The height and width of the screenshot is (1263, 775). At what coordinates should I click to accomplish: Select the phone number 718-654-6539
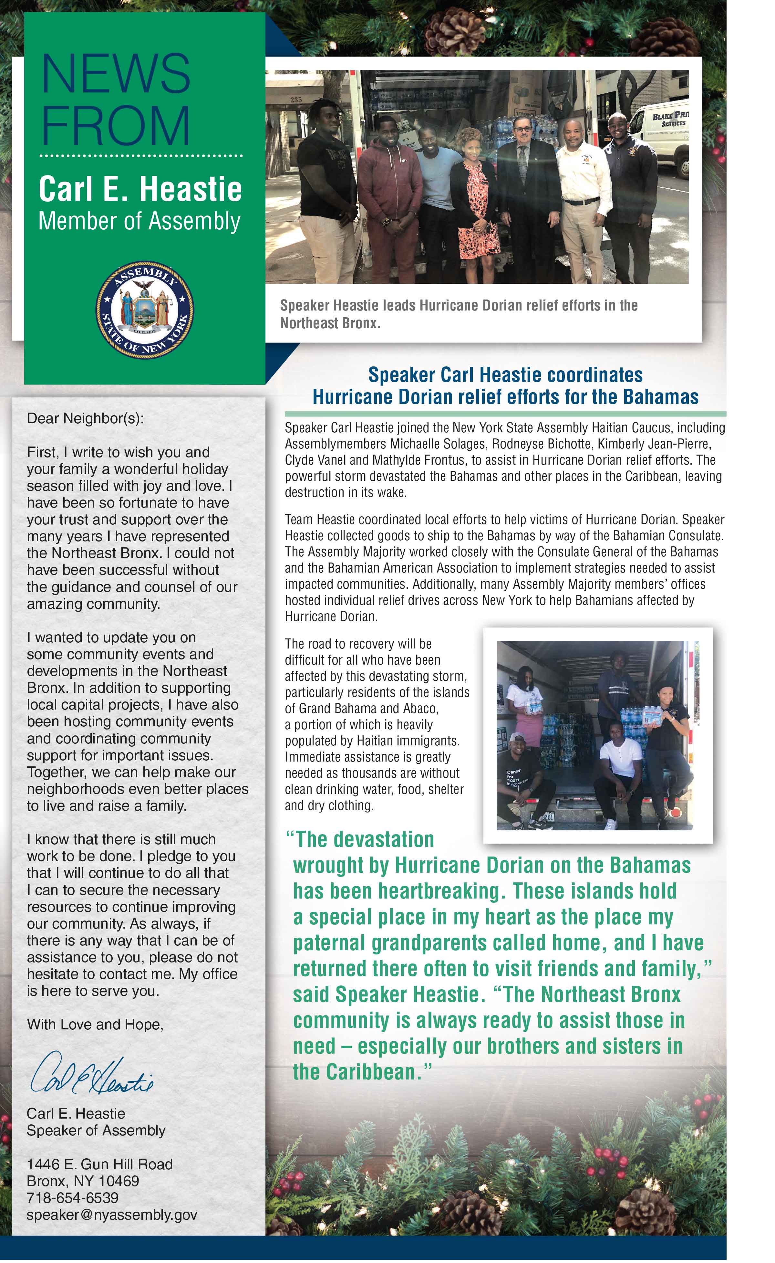pyautogui.click(x=72, y=1198)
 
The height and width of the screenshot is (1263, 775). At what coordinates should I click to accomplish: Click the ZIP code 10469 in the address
pyautogui.click(x=119, y=1181)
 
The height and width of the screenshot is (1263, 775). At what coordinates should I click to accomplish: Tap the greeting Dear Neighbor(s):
pyautogui.click(x=85, y=418)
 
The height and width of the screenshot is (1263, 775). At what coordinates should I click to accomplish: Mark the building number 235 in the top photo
pyautogui.click(x=296, y=100)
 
